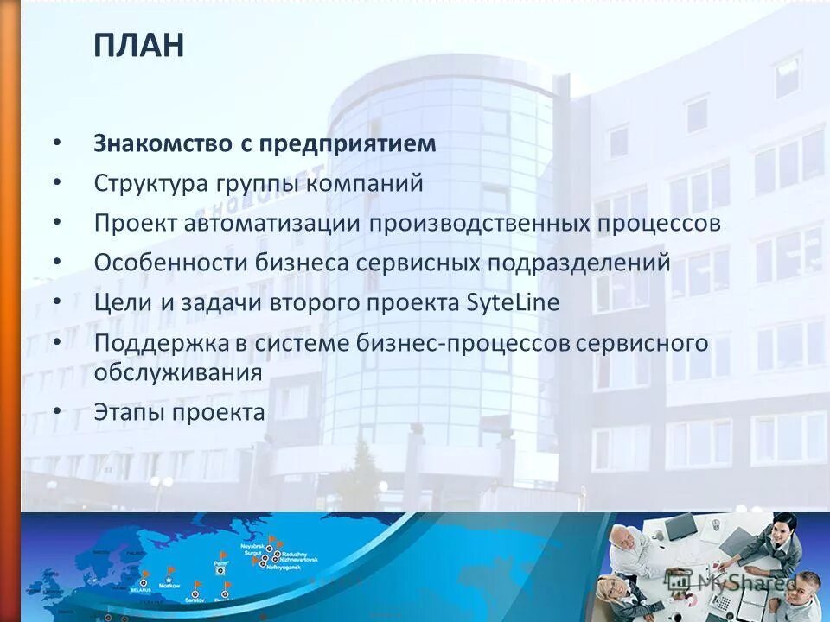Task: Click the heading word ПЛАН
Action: [x=139, y=45]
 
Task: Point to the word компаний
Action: [x=363, y=183]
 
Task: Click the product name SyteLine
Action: [x=513, y=303]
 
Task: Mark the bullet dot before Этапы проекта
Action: [x=57, y=412]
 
